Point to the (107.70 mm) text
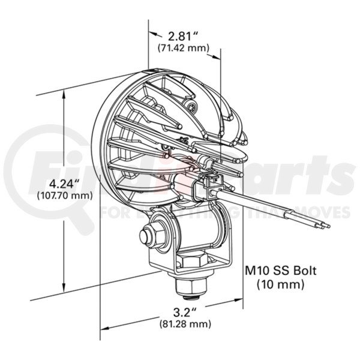coord(64,195)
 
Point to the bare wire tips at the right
coord(324,226)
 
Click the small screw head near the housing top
coord(191,108)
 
